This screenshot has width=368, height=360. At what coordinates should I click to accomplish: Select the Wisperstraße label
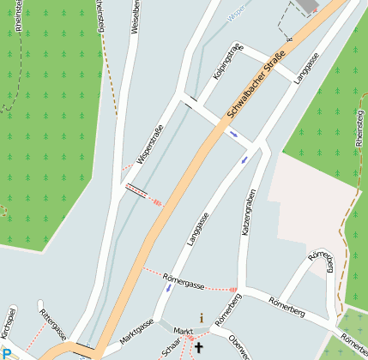[150, 142]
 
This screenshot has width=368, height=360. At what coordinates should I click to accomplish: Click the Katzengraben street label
[248, 213]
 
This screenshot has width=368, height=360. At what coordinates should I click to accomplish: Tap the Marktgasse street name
[136, 332]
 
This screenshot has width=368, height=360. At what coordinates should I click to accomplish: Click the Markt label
[183, 331]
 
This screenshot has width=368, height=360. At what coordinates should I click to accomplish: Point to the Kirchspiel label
[10, 327]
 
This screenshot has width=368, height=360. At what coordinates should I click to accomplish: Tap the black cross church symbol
[200, 348]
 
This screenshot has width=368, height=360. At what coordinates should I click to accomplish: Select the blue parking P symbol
[6, 353]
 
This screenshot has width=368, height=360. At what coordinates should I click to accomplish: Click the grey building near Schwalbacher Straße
[307, 6]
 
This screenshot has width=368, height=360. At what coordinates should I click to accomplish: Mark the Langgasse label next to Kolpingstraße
[306, 67]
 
